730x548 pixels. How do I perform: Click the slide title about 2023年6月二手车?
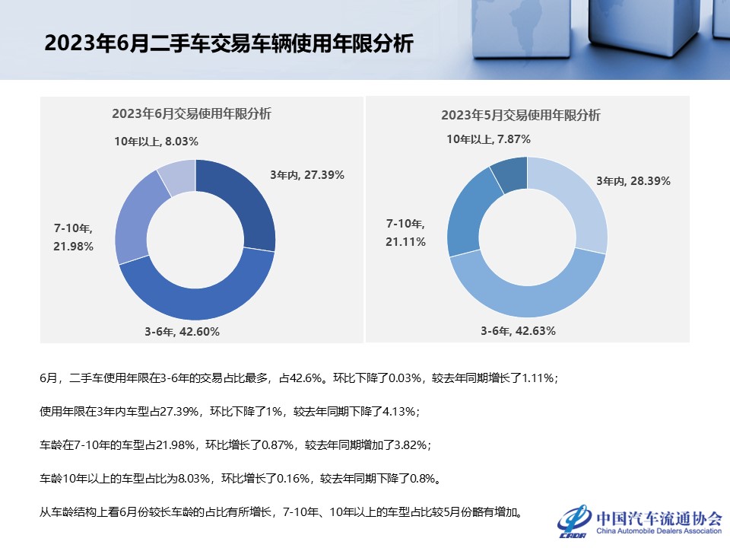[228, 43]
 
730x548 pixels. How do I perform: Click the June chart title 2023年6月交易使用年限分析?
[192, 114]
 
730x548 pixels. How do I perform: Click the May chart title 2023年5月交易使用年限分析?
[521, 116]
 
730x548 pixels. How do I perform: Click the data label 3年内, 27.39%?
[307, 175]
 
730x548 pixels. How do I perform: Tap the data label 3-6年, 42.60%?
[182, 331]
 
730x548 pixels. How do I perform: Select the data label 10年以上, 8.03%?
[156, 141]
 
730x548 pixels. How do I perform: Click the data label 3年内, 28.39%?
[633, 181]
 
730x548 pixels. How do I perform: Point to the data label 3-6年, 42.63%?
[518, 331]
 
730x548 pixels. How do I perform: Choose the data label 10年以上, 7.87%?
[488, 139]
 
